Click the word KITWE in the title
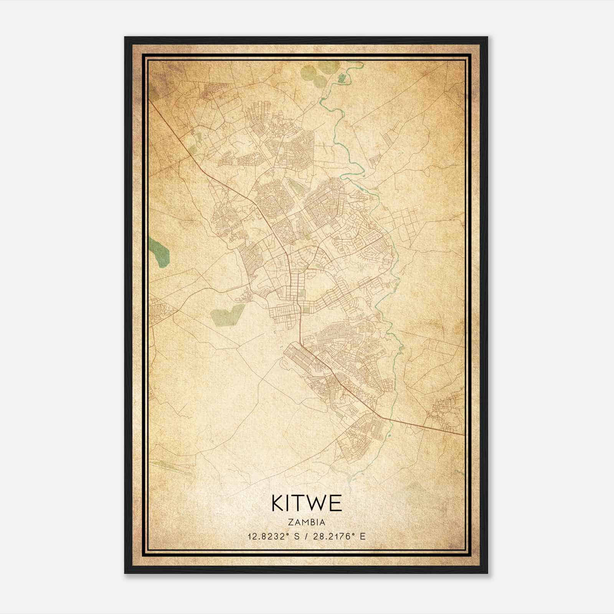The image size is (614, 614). point(307,503)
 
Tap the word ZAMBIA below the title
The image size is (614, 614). point(307,522)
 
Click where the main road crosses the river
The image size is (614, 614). point(392,419)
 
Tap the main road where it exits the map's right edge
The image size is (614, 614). point(462,434)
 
